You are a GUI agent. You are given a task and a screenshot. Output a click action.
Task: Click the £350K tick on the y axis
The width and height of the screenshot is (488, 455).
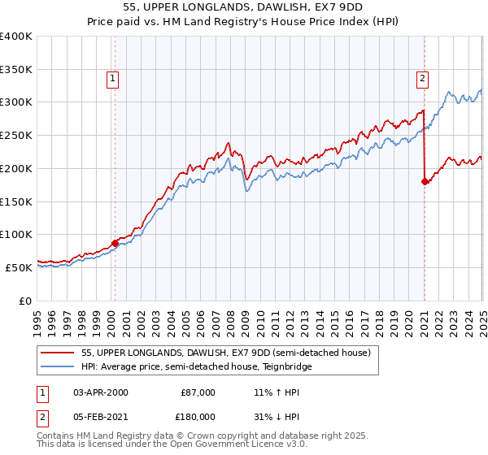point(16,69)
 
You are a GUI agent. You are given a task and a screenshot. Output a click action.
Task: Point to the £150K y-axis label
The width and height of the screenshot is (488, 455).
point(16,201)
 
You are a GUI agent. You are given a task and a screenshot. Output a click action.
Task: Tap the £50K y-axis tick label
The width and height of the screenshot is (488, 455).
point(20,266)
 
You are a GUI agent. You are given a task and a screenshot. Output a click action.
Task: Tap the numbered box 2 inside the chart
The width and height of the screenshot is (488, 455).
point(423,79)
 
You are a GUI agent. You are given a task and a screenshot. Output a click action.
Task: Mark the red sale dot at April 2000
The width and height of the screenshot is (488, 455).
point(115,243)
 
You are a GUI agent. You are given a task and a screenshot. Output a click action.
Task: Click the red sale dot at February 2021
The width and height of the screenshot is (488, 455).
point(425,182)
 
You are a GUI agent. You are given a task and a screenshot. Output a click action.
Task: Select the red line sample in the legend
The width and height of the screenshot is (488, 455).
point(58,353)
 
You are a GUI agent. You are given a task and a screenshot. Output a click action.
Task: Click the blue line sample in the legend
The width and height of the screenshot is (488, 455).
point(58,366)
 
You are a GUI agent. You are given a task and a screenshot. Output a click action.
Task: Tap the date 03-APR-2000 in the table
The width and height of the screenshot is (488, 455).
point(101,392)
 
